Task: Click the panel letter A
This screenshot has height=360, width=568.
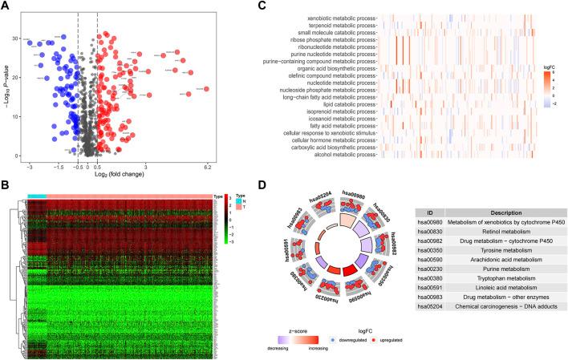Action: point(6,6)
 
